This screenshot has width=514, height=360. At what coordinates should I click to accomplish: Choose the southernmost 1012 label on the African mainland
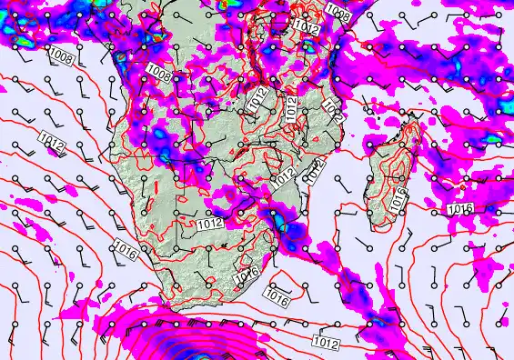tap(210, 223)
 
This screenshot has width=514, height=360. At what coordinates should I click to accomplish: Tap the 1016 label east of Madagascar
tap(460, 210)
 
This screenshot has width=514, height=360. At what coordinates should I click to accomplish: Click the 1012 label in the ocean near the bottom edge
tap(326, 343)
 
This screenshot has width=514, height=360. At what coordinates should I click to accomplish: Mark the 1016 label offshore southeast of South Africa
tap(277, 295)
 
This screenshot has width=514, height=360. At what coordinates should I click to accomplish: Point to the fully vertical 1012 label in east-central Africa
tap(292, 109)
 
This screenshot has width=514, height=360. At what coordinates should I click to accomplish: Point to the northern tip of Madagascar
tap(411, 124)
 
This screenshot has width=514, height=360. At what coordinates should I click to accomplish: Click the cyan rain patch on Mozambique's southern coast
tap(282, 225)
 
